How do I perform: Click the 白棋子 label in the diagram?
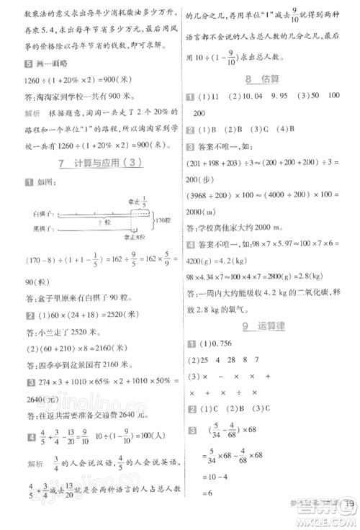tap(43, 213)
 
